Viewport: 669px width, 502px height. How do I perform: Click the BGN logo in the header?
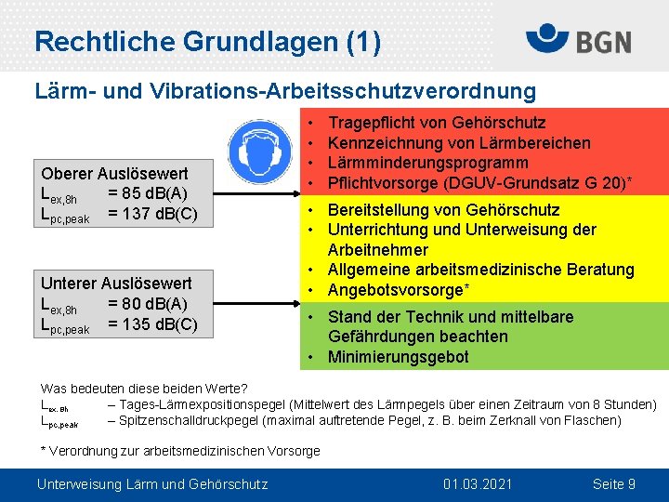(578, 40)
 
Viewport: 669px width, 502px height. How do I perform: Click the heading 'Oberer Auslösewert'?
(114, 174)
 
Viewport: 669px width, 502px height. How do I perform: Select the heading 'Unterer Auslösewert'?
(116, 284)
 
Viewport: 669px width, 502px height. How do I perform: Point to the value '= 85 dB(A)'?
(148, 194)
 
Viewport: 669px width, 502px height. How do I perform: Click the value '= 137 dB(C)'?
(152, 215)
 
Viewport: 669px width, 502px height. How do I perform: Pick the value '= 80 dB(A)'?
(148, 304)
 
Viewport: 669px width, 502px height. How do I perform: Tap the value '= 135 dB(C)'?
(152, 324)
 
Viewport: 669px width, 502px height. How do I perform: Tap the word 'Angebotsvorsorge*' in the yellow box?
(399, 290)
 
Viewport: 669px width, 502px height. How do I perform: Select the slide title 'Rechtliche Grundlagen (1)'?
(206, 42)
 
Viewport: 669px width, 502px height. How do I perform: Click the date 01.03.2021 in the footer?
(478, 484)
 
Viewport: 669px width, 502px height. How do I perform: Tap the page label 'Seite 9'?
(613, 484)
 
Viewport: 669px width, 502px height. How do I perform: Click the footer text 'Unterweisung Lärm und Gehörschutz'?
(151, 484)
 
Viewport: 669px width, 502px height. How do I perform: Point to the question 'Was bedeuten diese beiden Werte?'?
(144, 389)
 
